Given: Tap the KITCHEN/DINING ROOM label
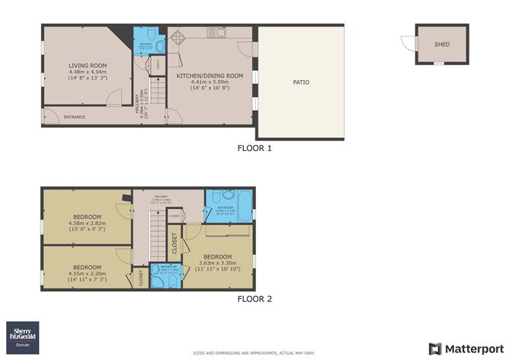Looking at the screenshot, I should click(210, 76).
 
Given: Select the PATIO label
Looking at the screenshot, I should click(301, 82).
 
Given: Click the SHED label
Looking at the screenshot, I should click(442, 44).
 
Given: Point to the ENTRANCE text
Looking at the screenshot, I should click(74, 117).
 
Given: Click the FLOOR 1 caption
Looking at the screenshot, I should click(254, 148).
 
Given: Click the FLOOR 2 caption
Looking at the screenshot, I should click(254, 299).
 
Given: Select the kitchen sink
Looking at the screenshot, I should click(219, 33).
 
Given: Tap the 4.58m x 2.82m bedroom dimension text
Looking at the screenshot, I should click(88, 223).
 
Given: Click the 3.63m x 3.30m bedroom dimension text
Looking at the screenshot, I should click(218, 263).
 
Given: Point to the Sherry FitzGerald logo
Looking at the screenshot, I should click(25, 334).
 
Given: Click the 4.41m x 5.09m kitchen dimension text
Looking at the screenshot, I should click(210, 82).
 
